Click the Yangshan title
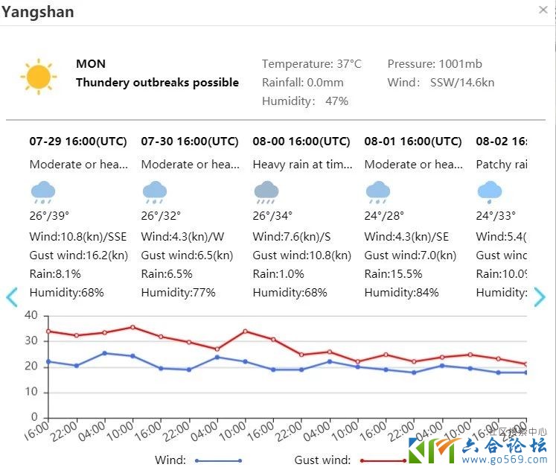(38, 12)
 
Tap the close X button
(543, 10)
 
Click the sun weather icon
(39, 77)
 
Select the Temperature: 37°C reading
(311, 64)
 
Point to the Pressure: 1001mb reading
(435, 64)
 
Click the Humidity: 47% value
(305, 101)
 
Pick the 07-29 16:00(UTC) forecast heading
(78, 142)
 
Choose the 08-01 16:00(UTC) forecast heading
(413, 142)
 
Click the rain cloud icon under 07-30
(155, 192)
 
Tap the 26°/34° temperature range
(272, 216)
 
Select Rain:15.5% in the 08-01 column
(393, 273)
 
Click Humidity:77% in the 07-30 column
(178, 292)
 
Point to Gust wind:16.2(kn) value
(79, 255)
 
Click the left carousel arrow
(11, 297)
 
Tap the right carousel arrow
(540, 297)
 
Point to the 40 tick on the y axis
(31, 315)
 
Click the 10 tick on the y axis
(31, 392)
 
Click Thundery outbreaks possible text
(157, 83)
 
